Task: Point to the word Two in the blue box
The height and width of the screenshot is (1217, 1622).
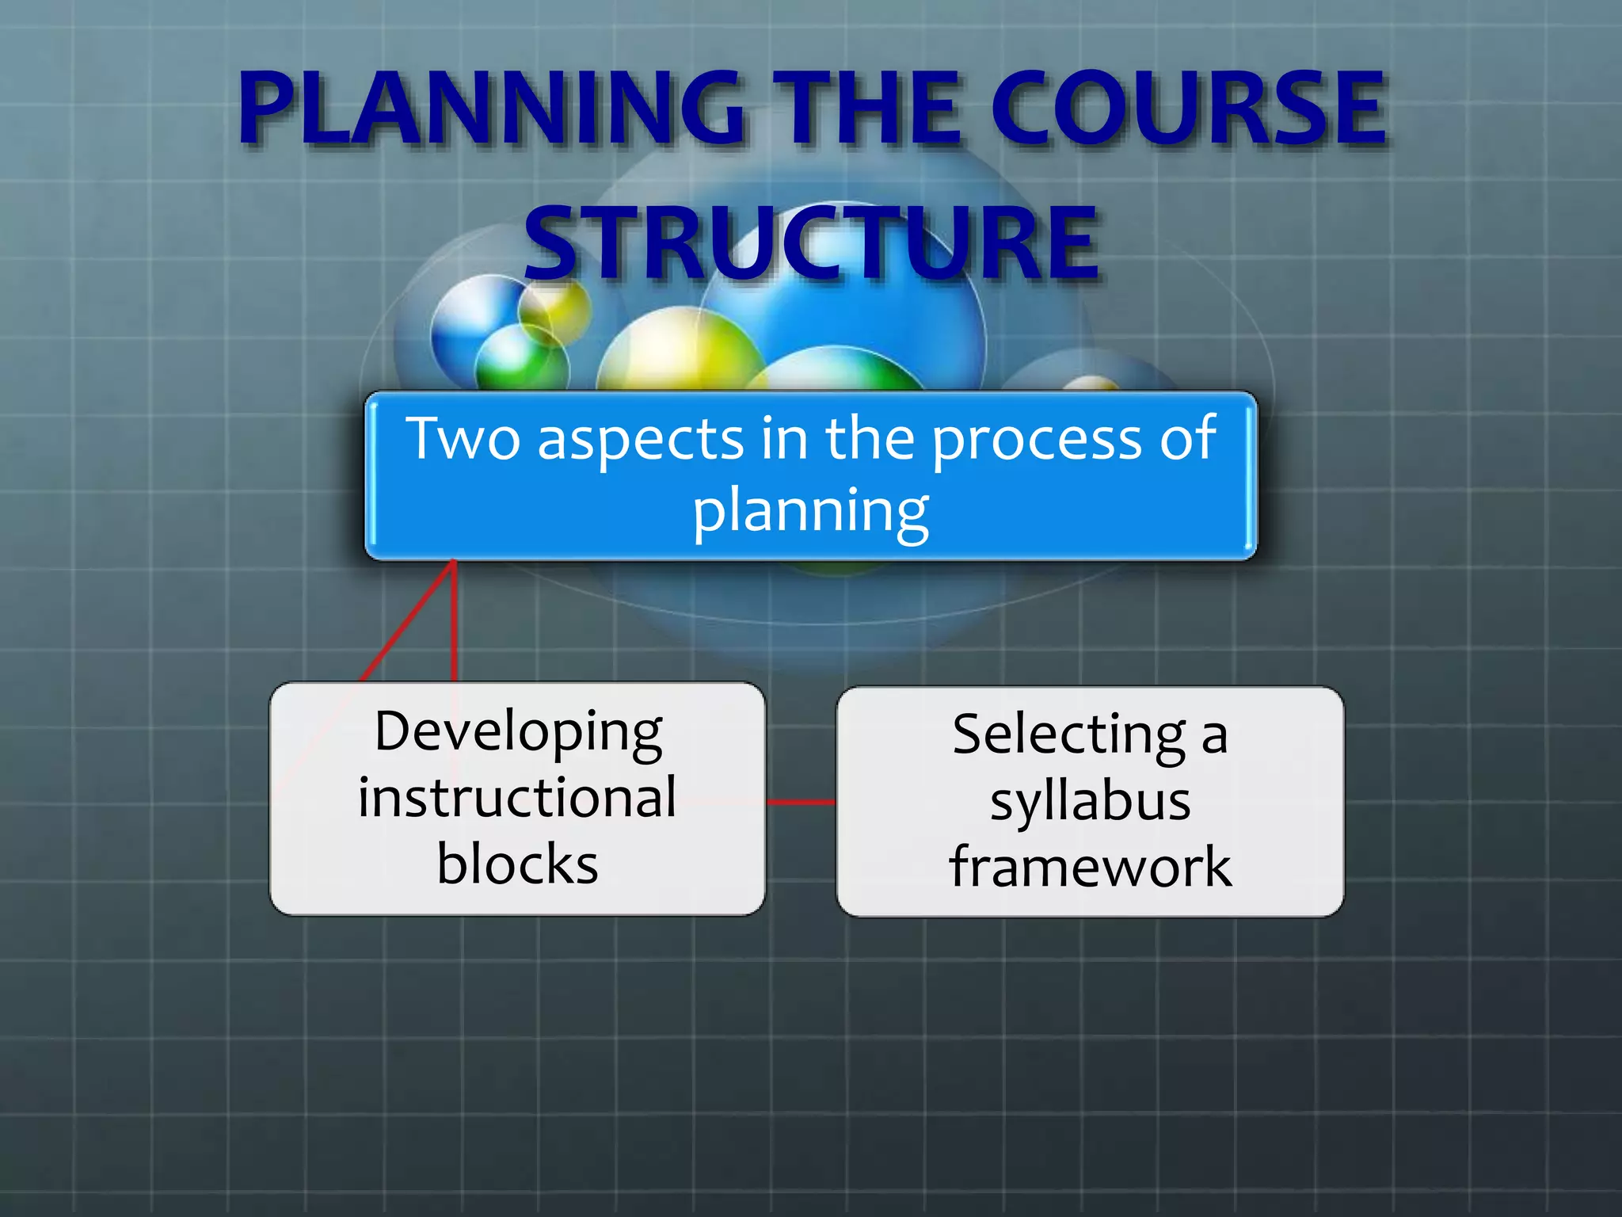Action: (463, 438)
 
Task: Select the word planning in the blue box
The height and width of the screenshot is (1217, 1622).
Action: (811, 511)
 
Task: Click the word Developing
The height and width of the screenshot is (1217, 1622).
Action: (519, 732)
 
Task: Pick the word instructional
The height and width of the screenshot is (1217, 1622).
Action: (517, 797)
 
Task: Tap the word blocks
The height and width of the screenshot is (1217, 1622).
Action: (517, 864)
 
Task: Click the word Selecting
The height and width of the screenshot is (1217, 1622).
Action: (1068, 735)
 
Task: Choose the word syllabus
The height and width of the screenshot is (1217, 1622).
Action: (1090, 801)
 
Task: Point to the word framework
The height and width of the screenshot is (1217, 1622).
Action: (1090, 867)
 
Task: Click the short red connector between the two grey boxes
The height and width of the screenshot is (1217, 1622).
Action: (801, 802)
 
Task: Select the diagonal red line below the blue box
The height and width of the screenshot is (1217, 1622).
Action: (408, 622)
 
